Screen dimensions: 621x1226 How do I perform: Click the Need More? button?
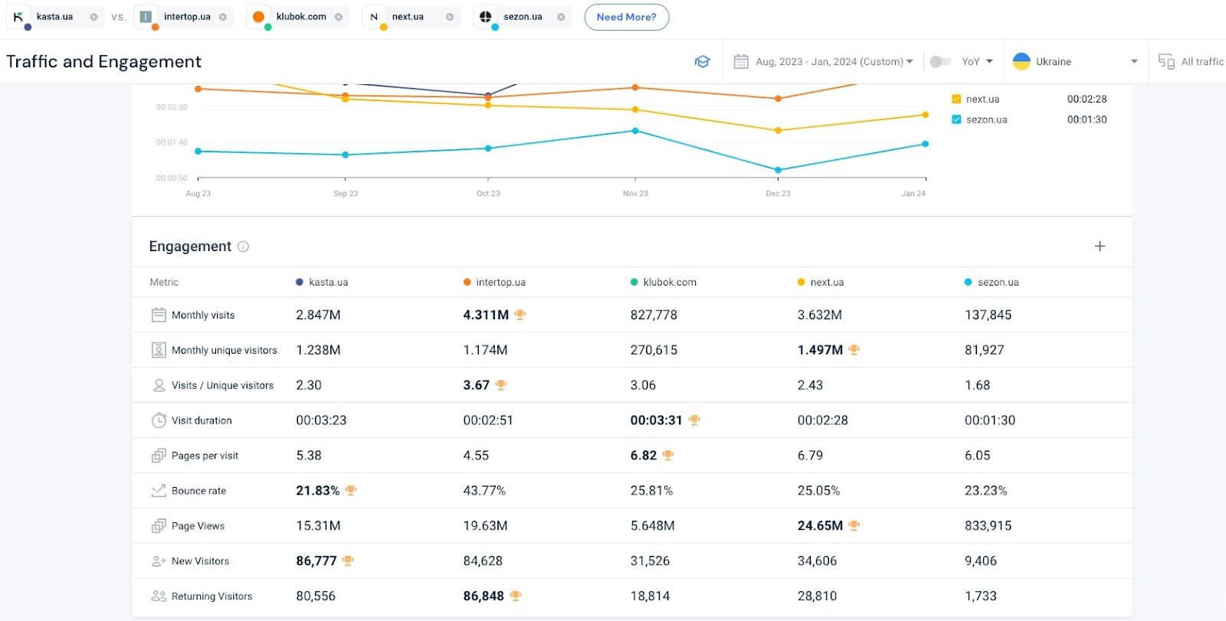click(x=626, y=17)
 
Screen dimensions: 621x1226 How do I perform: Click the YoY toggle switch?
click(x=939, y=61)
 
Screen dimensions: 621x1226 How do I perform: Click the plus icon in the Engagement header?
click(x=1100, y=246)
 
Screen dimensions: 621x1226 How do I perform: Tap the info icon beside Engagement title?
click(x=243, y=247)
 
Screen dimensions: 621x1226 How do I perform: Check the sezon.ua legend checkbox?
click(x=956, y=119)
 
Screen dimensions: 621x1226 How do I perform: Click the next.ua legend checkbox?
click(x=956, y=99)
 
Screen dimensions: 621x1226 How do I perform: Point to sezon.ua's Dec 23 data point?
click(x=778, y=170)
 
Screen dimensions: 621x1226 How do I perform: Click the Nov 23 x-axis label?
click(x=635, y=194)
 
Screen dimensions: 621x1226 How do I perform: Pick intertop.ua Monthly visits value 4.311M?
click(x=486, y=315)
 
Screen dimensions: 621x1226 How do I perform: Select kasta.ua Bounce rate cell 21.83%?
click(x=317, y=491)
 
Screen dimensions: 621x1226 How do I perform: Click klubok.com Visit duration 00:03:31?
click(x=656, y=420)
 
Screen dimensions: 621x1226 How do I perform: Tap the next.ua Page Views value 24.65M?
click(x=820, y=526)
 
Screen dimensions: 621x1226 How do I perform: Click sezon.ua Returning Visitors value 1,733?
click(x=980, y=596)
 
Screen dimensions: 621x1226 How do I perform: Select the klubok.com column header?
click(x=669, y=282)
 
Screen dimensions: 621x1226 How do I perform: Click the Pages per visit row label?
click(x=205, y=456)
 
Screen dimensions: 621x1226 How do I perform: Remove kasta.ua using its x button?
click(x=93, y=17)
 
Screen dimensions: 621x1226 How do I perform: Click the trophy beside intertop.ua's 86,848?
click(x=516, y=596)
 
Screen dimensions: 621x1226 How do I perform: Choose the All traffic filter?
click(x=1192, y=61)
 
